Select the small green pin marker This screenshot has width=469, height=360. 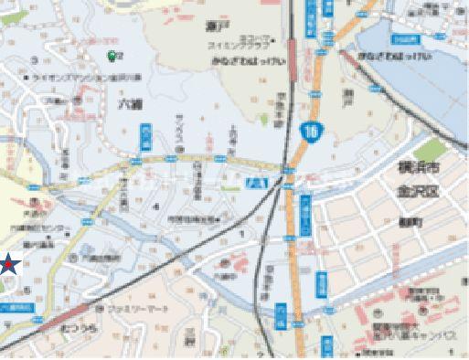(x=113, y=56)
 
